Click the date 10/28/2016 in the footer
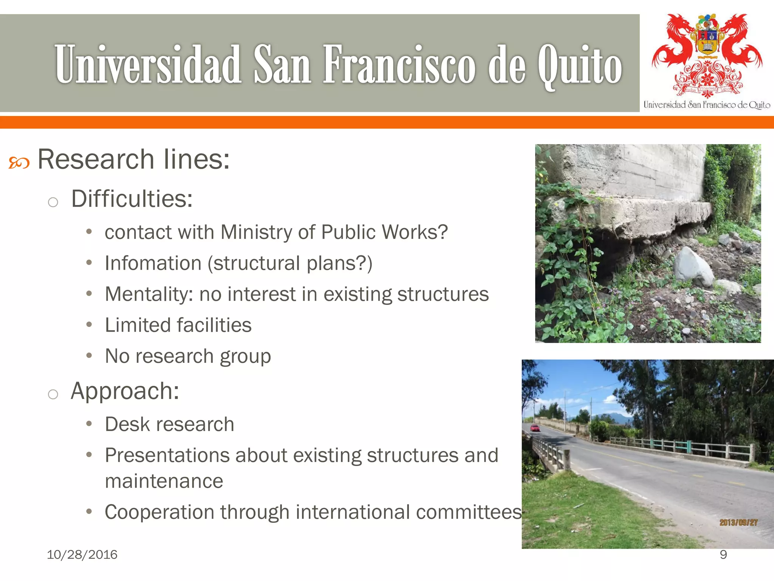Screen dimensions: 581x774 [x=82, y=555]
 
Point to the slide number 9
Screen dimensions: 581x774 [x=723, y=555]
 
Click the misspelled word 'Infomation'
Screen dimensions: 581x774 [x=153, y=263]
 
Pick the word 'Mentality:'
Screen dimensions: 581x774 [x=149, y=294]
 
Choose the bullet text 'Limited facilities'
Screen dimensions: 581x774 [x=178, y=325]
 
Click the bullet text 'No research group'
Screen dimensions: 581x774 [x=188, y=356]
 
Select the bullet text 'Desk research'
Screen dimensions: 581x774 [x=169, y=424]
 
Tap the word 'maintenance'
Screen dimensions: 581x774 [x=164, y=481]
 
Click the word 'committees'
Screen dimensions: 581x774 [x=469, y=512]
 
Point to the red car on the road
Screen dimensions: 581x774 [x=535, y=428]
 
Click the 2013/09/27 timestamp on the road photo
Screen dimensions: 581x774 [x=738, y=522]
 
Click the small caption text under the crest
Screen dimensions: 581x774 [x=707, y=105]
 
